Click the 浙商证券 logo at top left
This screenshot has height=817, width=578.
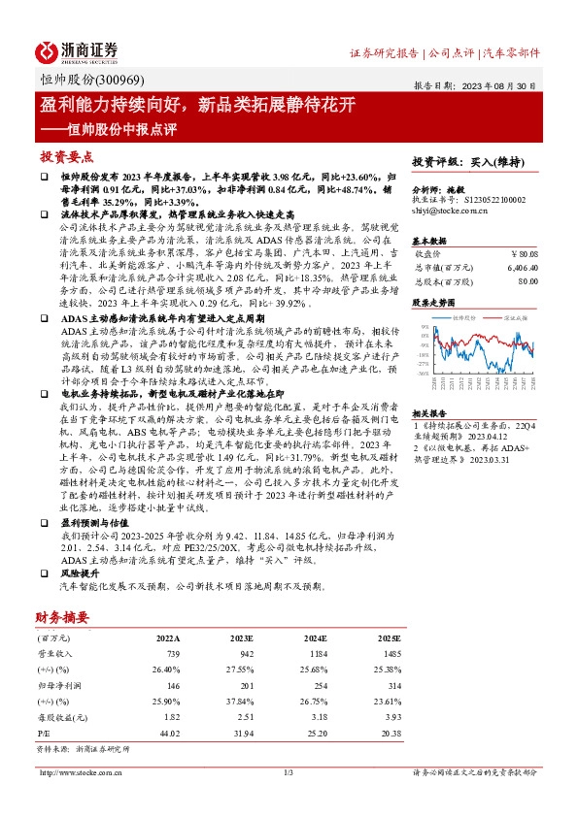tap(79, 51)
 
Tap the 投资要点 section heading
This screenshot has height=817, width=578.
tap(67, 156)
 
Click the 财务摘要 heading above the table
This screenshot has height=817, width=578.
tap(62, 616)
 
